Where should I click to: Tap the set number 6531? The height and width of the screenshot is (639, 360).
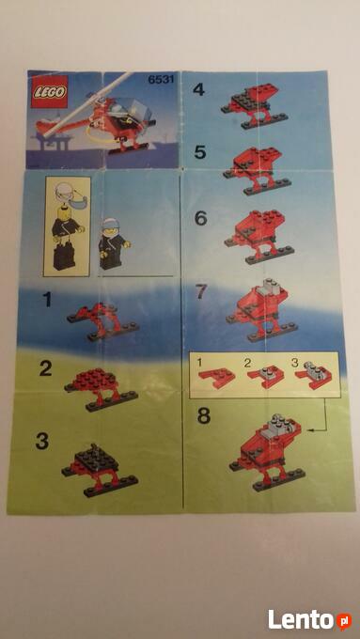pyautogui.click(x=161, y=80)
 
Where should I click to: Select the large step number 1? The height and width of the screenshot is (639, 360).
pyautogui.click(x=48, y=301)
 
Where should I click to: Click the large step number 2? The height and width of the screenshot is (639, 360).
pyautogui.click(x=46, y=369)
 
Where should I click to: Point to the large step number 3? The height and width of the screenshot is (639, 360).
pyautogui.click(x=42, y=442)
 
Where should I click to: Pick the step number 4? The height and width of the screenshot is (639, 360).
pyautogui.click(x=198, y=89)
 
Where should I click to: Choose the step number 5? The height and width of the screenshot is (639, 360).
pyautogui.click(x=200, y=152)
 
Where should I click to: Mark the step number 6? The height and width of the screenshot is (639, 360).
pyautogui.click(x=201, y=219)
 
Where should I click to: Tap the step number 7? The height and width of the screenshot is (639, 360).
pyautogui.click(x=201, y=292)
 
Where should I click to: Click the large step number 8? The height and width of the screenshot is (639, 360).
pyautogui.click(x=204, y=415)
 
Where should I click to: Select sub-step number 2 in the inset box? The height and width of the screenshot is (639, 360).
pyautogui.click(x=248, y=364)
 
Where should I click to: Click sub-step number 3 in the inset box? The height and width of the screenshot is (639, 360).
pyautogui.click(x=295, y=363)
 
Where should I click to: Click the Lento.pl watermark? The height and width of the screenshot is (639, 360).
pyautogui.click(x=310, y=620)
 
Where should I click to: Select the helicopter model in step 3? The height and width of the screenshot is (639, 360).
pyautogui.click(x=100, y=470)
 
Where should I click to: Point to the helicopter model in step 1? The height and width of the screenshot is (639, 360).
pyautogui.click(x=103, y=321)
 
